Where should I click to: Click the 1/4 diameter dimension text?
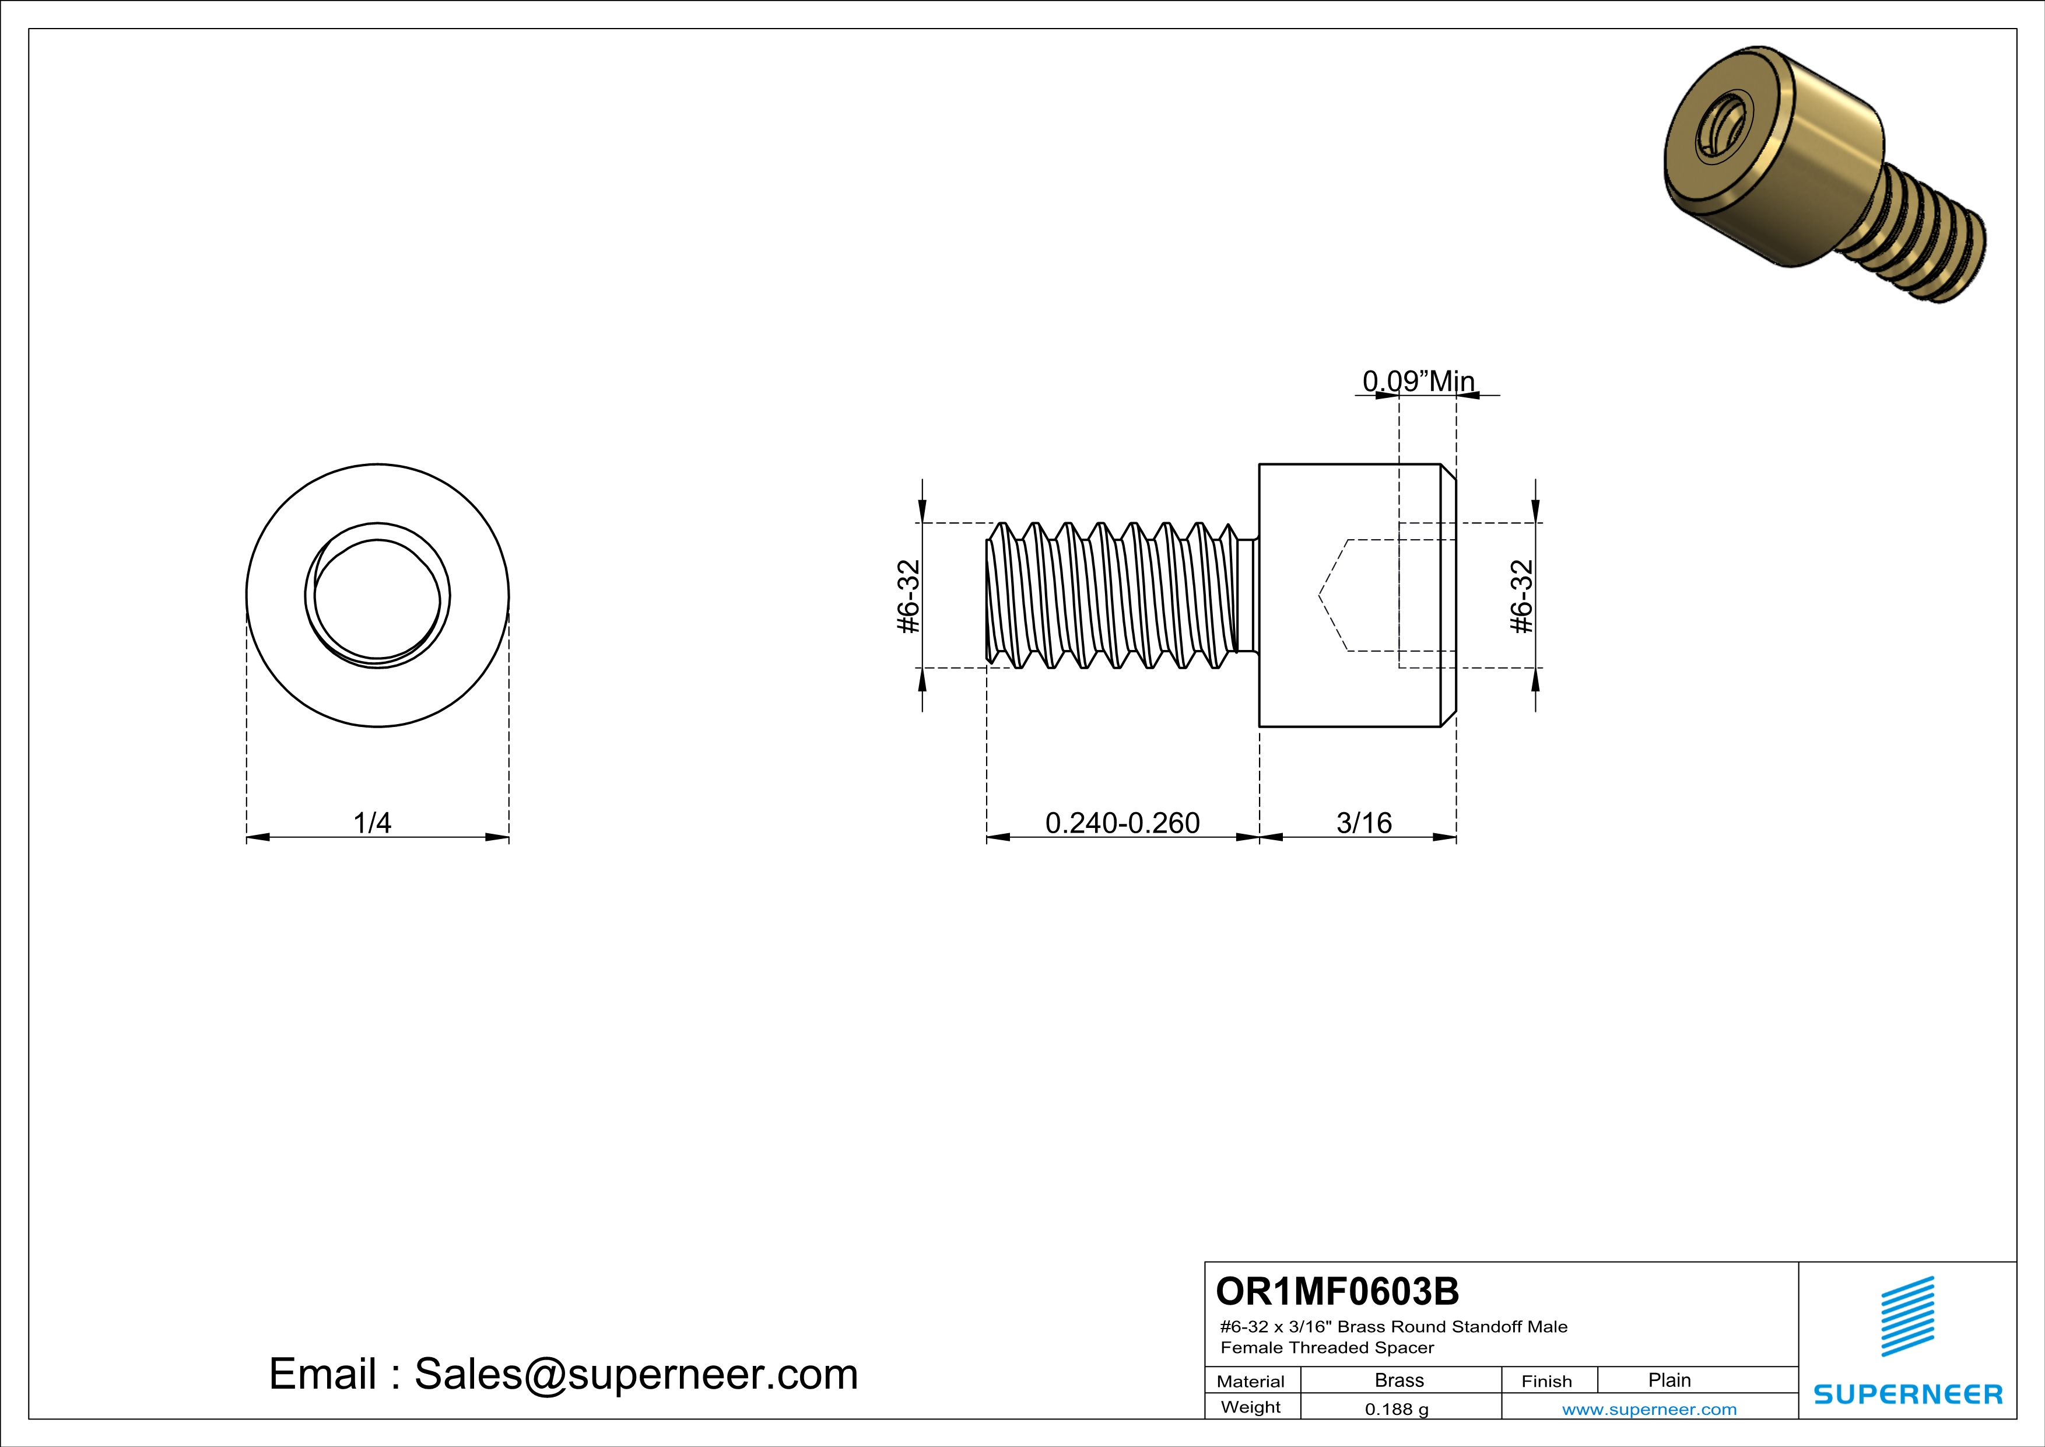(x=372, y=823)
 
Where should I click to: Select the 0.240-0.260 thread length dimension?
(x=1123, y=823)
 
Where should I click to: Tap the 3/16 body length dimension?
(x=1364, y=823)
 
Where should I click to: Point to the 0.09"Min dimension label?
(x=1418, y=382)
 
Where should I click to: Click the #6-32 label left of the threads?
(x=907, y=596)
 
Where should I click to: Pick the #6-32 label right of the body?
(x=1522, y=596)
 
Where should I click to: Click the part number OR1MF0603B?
(x=1337, y=1291)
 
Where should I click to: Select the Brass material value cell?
(x=1399, y=1380)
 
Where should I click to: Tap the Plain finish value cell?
(x=1669, y=1380)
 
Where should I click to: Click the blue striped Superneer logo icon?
(x=1907, y=1316)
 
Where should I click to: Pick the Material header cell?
(x=1251, y=1381)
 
